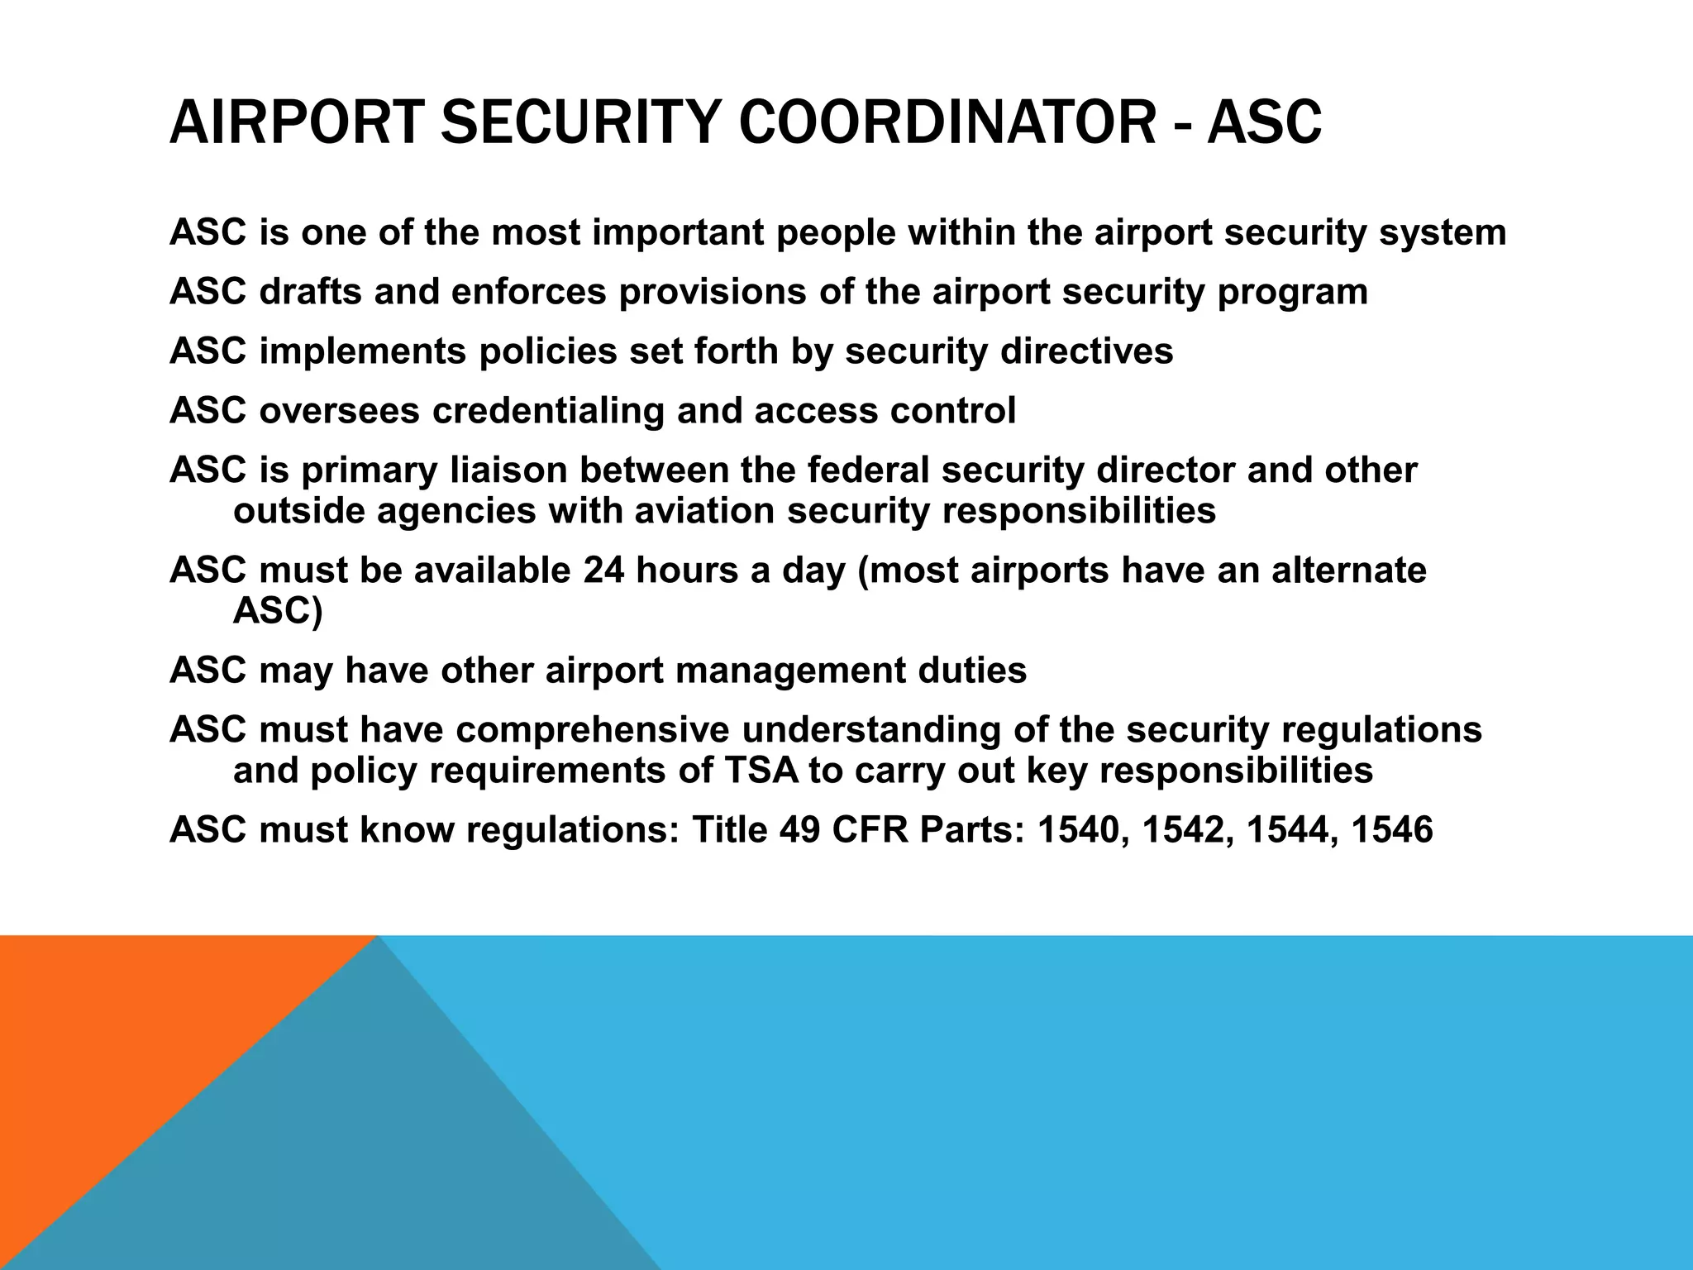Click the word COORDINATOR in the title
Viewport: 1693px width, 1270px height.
click(x=947, y=122)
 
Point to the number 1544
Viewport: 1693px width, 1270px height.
click(x=1289, y=829)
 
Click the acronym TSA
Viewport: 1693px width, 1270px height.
click(x=761, y=771)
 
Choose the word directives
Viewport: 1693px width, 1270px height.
click(x=1086, y=351)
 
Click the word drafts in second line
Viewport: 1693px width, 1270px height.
click(x=310, y=292)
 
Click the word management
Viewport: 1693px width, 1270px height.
click(x=791, y=670)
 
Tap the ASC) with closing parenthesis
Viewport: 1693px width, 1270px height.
click(x=277, y=611)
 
